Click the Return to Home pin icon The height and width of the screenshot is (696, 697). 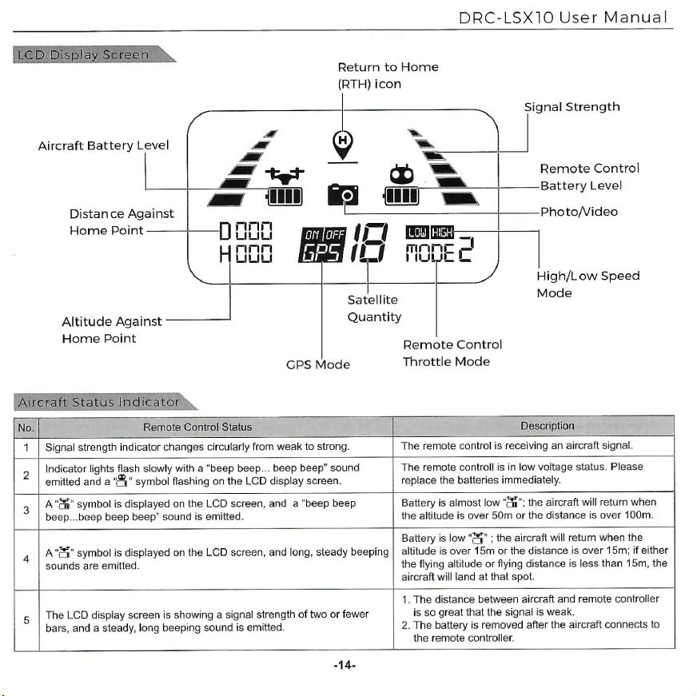343,145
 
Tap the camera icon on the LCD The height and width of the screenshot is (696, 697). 343,194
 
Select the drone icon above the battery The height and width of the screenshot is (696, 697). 285,176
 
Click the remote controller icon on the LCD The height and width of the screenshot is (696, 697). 402,174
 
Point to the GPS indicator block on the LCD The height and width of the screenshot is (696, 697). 322,245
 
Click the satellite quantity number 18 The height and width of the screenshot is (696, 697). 369,242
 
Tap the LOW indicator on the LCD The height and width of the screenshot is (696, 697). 417,232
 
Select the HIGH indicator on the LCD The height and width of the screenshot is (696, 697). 442,232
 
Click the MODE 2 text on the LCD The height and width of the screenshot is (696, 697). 440,250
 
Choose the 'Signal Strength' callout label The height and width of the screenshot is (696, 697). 572,107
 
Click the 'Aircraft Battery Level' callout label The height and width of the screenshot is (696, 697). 103,145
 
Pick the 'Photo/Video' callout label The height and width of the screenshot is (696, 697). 579,212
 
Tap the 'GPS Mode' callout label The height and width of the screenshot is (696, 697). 318,365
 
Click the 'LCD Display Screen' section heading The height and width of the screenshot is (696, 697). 83,54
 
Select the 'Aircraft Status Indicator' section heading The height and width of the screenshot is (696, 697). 98,402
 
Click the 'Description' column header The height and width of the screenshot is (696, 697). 548,426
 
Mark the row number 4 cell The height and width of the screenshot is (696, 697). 26,559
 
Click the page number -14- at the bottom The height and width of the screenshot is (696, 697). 345,666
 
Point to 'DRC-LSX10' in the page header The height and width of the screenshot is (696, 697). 506,18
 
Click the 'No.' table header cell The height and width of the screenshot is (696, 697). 26,428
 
